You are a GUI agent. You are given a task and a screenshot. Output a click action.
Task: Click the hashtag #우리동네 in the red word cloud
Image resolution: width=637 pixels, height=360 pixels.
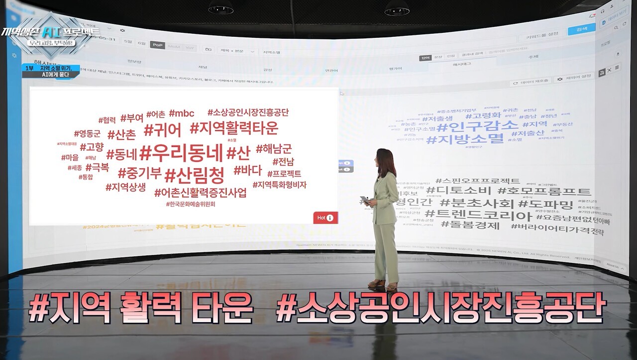pos(181,153)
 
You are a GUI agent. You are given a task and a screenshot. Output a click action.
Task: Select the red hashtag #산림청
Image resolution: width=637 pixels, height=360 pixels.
pos(195,175)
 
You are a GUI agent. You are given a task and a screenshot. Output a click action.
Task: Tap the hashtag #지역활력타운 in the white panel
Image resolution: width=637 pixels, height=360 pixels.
pos(234,128)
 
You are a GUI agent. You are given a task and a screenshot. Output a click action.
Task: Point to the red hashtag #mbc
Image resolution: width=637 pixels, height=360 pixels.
pos(182,113)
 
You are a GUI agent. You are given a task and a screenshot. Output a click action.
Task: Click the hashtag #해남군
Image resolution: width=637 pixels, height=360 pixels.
pos(274,148)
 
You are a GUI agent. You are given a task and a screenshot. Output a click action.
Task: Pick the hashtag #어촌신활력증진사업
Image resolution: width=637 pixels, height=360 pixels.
pos(201,193)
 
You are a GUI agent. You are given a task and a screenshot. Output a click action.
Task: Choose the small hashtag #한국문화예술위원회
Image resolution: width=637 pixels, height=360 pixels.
pos(194,204)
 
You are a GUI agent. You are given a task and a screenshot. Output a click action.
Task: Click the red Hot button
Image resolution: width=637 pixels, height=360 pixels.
pos(325,218)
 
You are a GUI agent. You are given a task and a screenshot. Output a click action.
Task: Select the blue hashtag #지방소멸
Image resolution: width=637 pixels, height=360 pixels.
pos(465,139)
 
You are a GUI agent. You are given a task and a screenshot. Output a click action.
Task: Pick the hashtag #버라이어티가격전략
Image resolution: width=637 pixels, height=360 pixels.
pos(557,232)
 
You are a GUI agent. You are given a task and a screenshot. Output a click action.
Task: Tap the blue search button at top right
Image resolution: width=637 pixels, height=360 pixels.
pos(581,30)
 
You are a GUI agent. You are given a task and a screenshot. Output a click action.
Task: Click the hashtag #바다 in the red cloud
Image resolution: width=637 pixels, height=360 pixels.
pos(247,170)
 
